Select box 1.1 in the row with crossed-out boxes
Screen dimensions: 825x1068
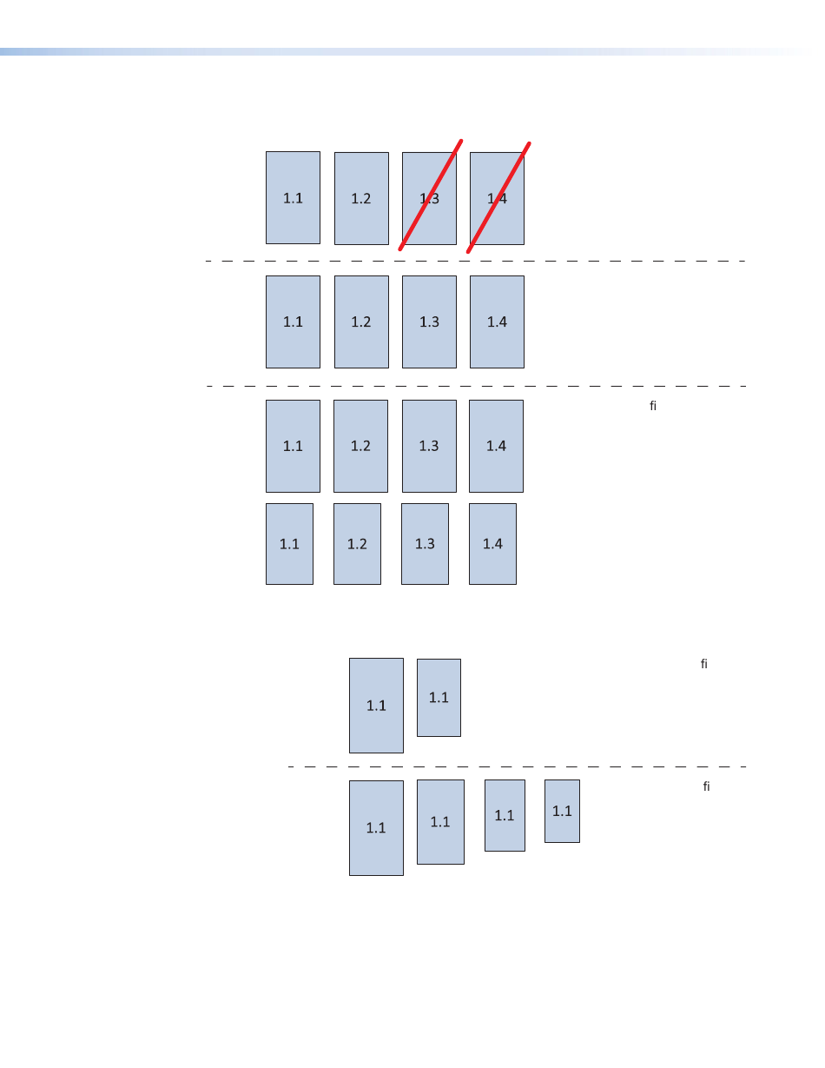(x=293, y=198)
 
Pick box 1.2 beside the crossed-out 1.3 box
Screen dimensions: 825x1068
(x=361, y=198)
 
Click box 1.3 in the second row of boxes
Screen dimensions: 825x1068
(x=429, y=322)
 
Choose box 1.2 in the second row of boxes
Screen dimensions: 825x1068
(x=361, y=322)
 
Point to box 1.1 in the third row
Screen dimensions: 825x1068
(x=293, y=446)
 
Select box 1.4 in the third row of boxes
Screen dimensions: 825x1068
(x=496, y=446)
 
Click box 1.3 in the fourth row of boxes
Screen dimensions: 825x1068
(x=425, y=544)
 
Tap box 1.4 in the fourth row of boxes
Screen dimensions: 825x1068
(x=492, y=544)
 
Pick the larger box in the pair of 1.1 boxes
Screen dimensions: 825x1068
(x=376, y=705)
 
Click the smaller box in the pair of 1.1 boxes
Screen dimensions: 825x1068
(x=439, y=697)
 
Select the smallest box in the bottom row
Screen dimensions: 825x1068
(x=562, y=811)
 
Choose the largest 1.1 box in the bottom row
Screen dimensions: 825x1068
(x=376, y=827)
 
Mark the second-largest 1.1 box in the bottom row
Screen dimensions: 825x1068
(x=440, y=821)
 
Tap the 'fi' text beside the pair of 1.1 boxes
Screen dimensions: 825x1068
(x=704, y=664)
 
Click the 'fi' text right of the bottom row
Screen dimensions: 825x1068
(x=707, y=786)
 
